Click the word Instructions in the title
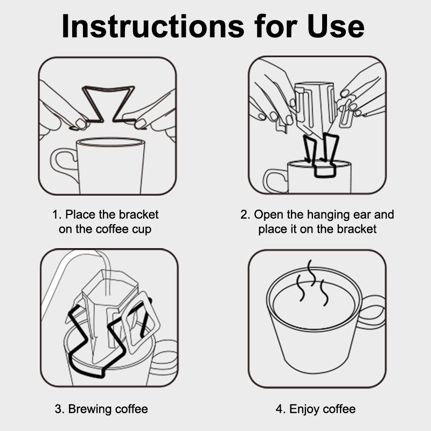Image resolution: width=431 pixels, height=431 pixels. [153, 26]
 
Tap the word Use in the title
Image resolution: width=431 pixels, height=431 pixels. [336, 26]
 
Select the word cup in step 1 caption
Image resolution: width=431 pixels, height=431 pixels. [142, 230]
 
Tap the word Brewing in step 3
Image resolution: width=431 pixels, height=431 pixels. [90, 409]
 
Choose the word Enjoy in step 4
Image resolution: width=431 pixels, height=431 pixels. [304, 409]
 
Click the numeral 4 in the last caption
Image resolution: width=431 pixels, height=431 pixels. [279, 409]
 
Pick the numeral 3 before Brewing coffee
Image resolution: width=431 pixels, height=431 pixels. [58, 409]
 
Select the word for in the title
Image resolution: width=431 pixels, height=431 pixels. [276, 26]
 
